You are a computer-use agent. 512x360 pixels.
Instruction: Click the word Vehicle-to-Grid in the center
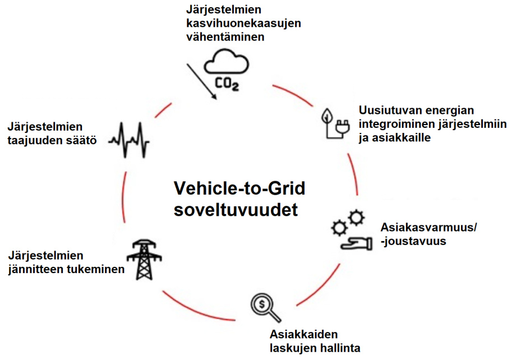point(239,188)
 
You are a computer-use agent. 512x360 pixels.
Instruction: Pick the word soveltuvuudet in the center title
point(236,210)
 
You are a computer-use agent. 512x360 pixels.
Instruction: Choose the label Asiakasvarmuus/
point(428,228)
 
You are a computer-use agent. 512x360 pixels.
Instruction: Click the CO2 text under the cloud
point(227,85)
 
